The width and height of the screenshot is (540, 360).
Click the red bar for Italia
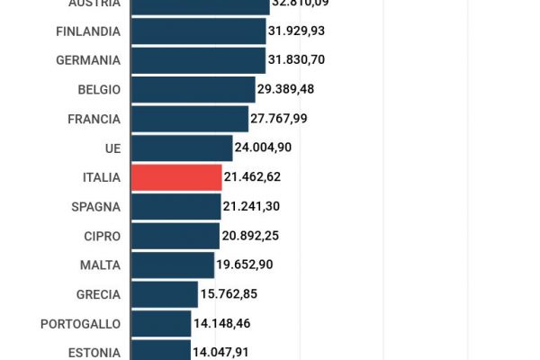click(176, 177)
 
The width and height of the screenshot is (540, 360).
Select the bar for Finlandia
click(199, 31)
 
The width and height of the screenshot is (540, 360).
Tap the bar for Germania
click(199, 60)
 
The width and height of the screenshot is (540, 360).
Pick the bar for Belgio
click(193, 89)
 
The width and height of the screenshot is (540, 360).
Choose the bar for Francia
click(190, 119)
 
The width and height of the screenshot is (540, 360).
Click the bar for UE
click(182, 148)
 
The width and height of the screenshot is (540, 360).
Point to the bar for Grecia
click(165, 294)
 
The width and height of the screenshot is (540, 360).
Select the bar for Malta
click(173, 265)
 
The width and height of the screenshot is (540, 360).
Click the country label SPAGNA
click(95, 206)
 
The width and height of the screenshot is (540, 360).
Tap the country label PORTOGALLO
click(80, 323)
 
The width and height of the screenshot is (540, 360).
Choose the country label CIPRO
click(100, 236)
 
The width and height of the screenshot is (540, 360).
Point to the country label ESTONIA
click(94, 353)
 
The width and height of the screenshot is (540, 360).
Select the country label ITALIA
click(101, 177)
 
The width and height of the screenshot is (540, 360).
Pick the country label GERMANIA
click(88, 60)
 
